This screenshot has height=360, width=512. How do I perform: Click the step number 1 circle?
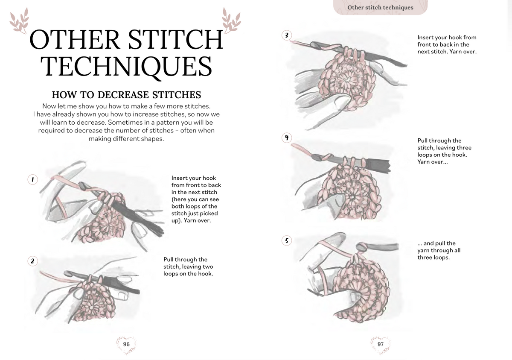click(33, 179)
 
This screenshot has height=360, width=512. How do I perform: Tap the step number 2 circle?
click(33, 261)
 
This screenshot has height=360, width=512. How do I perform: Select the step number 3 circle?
click(287, 35)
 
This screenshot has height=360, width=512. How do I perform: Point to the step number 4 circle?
click(287, 138)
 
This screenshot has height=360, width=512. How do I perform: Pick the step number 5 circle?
click(287, 240)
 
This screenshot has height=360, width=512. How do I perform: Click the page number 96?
click(126, 344)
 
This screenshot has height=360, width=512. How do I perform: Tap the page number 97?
click(380, 344)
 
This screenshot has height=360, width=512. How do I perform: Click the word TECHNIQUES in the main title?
click(126, 66)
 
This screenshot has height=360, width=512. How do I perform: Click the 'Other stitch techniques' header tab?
click(380, 8)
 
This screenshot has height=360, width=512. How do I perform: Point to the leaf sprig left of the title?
click(19, 20)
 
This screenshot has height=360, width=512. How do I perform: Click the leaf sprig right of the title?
click(231, 20)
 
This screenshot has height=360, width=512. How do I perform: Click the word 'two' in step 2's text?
click(208, 266)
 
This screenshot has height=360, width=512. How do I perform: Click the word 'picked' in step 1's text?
click(209, 214)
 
